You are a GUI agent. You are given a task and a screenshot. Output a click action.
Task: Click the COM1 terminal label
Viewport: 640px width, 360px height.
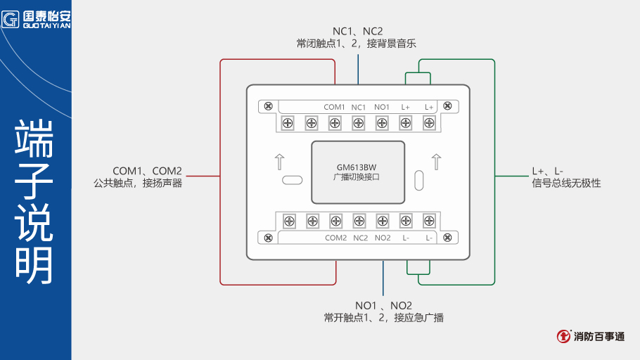(x=334, y=107)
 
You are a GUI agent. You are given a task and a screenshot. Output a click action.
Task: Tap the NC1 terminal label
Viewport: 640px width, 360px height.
(x=359, y=107)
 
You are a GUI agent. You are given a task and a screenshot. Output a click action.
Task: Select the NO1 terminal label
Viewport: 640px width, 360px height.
(x=382, y=107)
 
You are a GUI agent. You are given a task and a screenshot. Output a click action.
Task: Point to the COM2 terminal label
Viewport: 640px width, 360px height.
(x=335, y=238)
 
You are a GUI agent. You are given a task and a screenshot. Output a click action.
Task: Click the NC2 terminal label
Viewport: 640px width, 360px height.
(x=360, y=238)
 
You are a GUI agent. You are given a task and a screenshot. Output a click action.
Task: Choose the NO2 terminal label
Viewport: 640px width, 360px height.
(x=383, y=238)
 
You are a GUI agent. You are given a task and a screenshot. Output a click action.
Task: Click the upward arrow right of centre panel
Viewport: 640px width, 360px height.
(x=436, y=162)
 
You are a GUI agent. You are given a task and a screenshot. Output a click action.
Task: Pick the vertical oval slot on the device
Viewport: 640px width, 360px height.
(x=419, y=180)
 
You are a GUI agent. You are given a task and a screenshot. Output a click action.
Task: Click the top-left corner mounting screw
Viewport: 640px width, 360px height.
(x=267, y=106)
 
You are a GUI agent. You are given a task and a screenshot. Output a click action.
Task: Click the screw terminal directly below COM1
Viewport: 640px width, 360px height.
(x=335, y=123)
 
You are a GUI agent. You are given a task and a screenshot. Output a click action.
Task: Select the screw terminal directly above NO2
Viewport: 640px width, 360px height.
(x=382, y=221)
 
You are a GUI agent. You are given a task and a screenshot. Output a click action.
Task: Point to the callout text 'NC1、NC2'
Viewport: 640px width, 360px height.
(x=357, y=31)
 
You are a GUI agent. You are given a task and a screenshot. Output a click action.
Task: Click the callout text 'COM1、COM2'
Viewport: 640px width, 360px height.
(x=147, y=171)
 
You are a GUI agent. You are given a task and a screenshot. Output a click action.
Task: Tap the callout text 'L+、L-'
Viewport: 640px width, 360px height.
(x=547, y=171)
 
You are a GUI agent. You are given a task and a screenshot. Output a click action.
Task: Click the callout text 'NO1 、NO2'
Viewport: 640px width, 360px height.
(x=383, y=305)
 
